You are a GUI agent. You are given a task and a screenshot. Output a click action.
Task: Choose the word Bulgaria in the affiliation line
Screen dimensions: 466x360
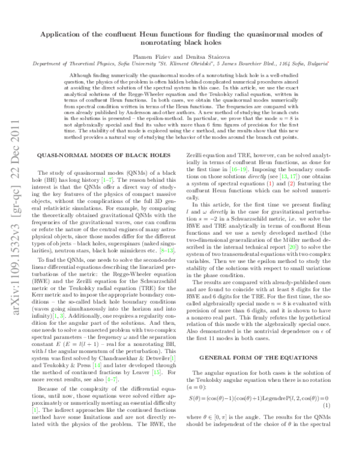317,62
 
